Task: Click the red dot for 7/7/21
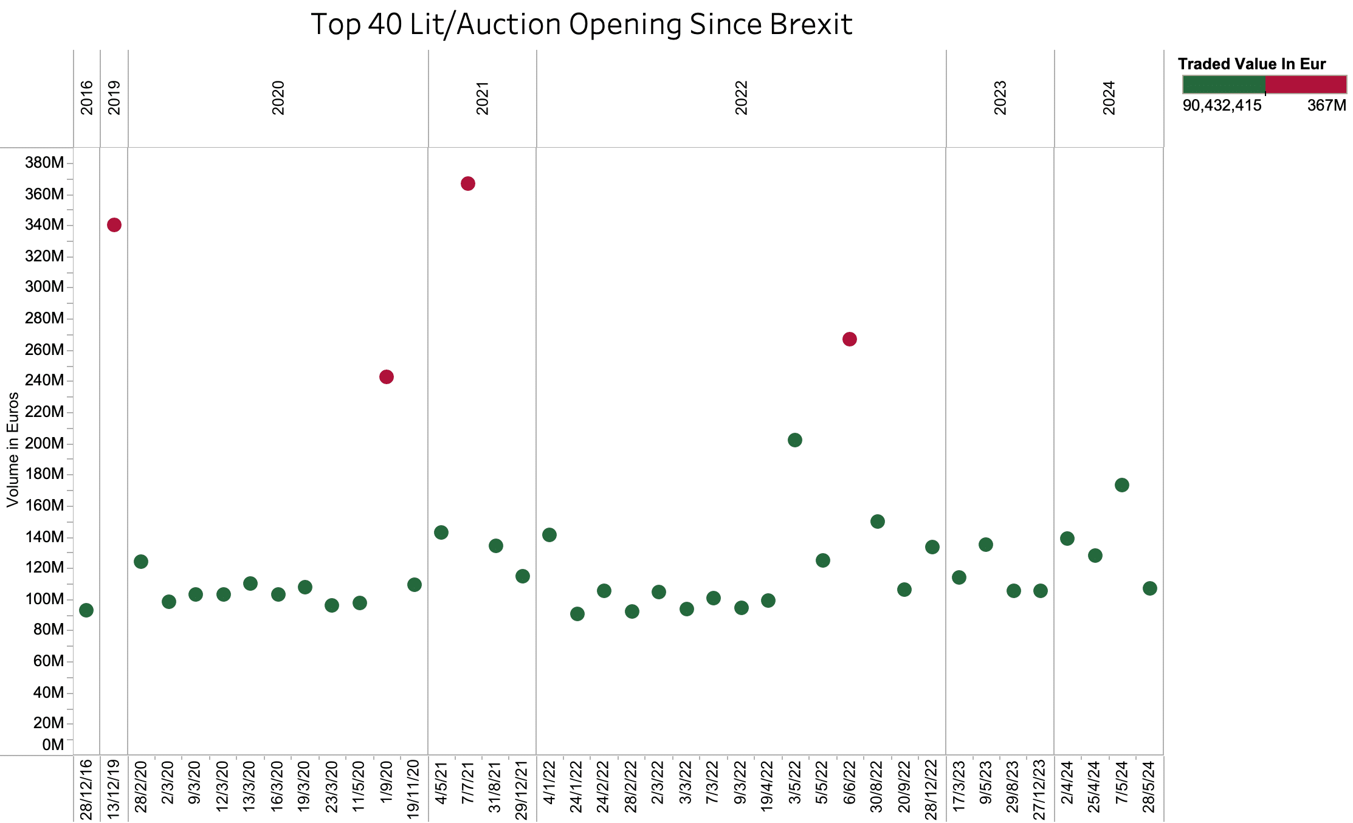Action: tap(467, 184)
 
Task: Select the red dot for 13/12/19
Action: tap(114, 225)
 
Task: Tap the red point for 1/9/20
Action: tap(386, 377)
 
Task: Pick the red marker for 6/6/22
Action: tap(849, 339)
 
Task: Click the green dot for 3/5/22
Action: tap(794, 440)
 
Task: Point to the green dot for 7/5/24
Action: tap(1121, 485)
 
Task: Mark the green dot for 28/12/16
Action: tap(86, 610)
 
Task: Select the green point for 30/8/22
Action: tap(877, 522)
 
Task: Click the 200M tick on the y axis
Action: tap(44, 443)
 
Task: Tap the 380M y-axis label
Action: tap(44, 162)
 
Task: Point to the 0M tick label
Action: tap(53, 745)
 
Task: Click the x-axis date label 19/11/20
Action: tap(414, 789)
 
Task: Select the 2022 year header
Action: tap(741, 98)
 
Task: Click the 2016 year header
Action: tap(87, 98)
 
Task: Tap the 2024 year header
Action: tap(1109, 98)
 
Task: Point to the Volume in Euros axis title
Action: tap(13, 450)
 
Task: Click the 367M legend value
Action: tap(1326, 106)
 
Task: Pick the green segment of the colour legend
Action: tap(1224, 84)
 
